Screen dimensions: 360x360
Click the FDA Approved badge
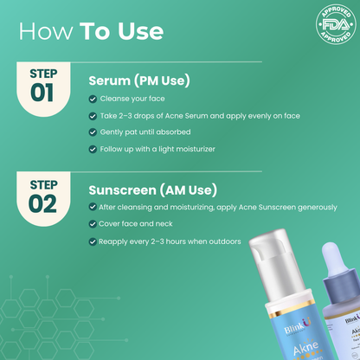click(336, 23)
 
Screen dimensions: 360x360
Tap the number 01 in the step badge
click(42, 93)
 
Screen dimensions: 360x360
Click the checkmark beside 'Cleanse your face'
click(93, 99)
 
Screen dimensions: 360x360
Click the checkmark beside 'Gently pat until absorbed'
click(93, 132)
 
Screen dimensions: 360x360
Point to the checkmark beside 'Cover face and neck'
click(93, 224)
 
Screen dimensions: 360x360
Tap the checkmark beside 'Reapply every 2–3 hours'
click(93, 241)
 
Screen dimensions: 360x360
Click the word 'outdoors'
click(222, 241)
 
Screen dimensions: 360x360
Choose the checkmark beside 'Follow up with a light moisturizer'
click(93, 150)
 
